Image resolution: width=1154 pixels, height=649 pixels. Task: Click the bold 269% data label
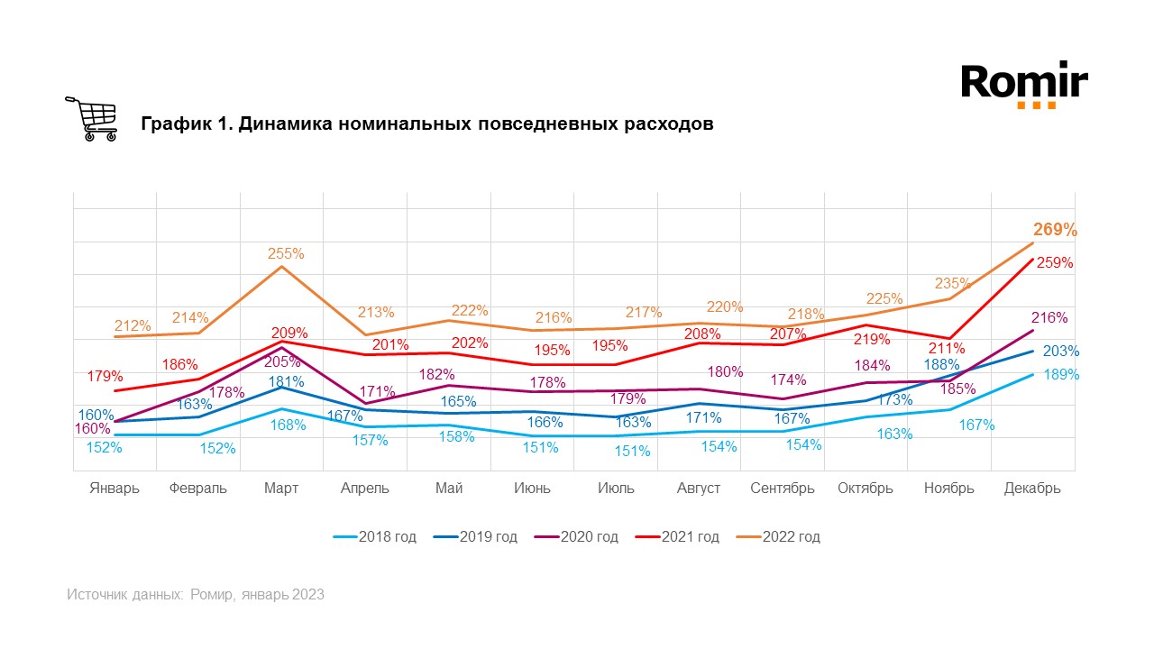pyautogui.click(x=1055, y=230)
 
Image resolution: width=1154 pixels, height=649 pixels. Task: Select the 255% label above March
pyautogui.click(x=286, y=254)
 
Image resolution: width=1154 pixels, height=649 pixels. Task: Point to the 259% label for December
pyautogui.click(x=1055, y=263)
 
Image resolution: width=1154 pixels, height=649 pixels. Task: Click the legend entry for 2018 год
pyautogui.click(x=374, y=537)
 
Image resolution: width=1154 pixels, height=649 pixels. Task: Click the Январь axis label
pyautogui.click(x=114, y=489)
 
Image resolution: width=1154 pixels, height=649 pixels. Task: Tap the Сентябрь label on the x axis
pyautogui.click(x=783, y=489)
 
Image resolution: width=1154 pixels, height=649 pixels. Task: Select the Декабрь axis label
pyautogui.click(x=1032, y=489)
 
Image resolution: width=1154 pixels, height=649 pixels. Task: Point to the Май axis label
pyautogui.click(x=449, y=489)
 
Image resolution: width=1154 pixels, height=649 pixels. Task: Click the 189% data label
pyautogui.click(x=1061, y=374)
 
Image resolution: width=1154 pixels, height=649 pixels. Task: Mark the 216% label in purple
pyautogui.click(x=1049, y=318)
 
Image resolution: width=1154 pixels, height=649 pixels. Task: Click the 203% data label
pyautogui.click(x=1061, y=352)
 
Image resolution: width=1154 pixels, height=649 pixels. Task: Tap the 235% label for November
pyautogui.click(x=952, y=284)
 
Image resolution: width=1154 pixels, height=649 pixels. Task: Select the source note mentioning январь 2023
pyautogui.click(x=196, y=595)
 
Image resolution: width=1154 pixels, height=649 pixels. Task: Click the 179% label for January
pyautogui.click(x=105, y=376)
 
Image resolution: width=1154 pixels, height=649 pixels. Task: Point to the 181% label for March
pyautogui.click(x=286, y=381)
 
